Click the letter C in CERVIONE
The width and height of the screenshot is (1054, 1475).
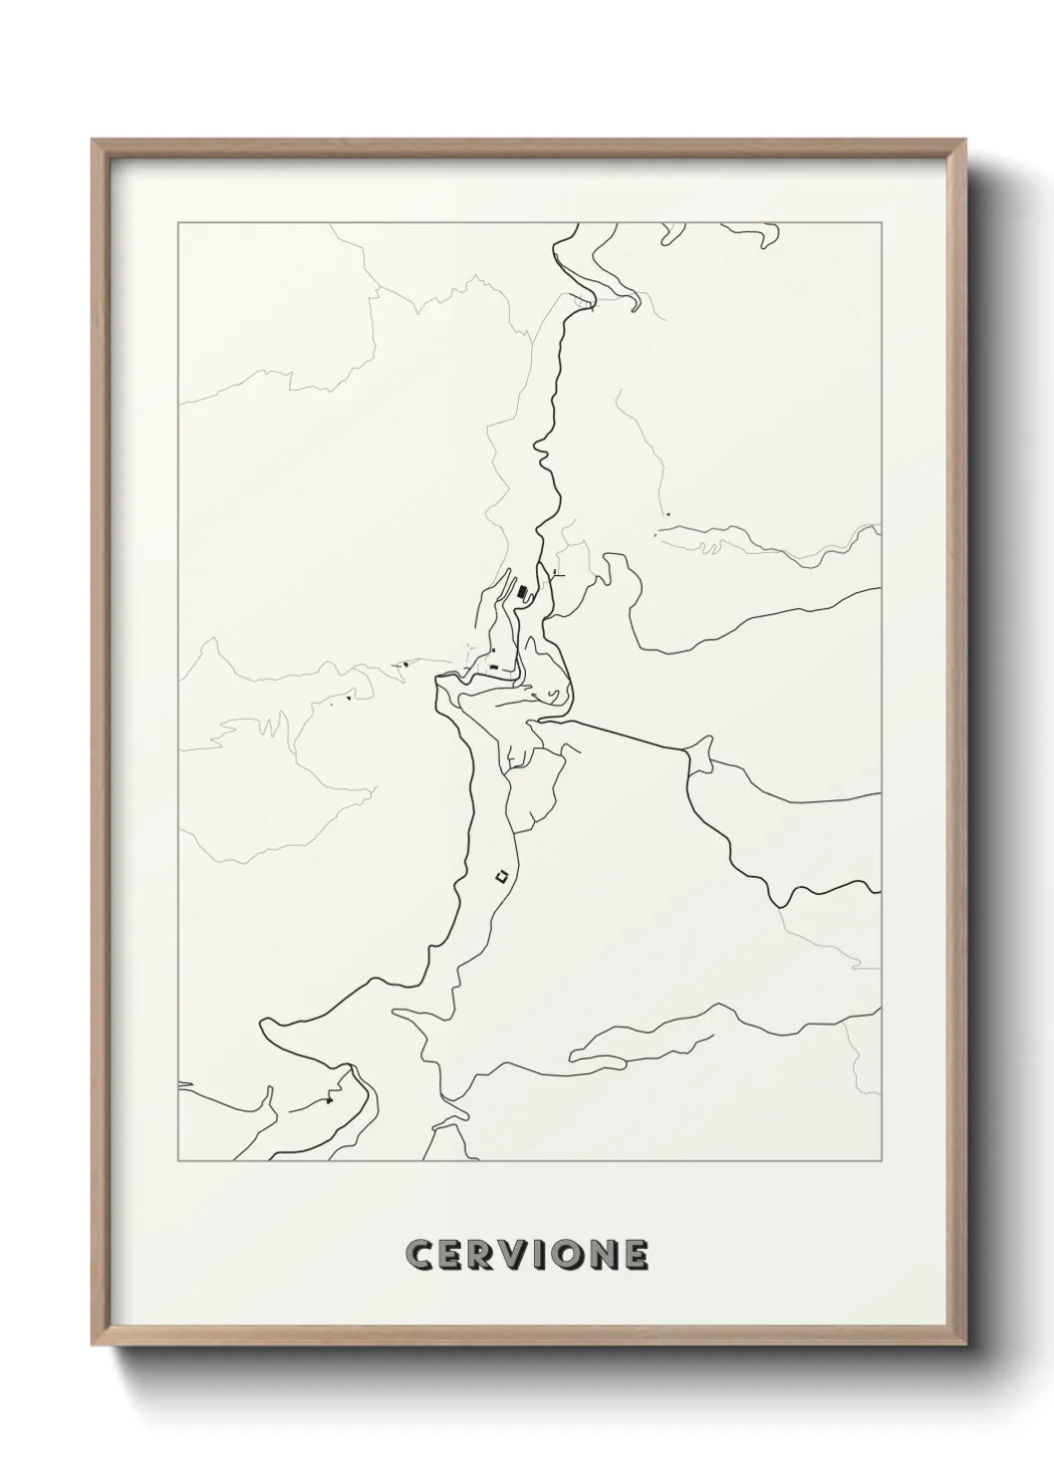(x=418, y=1255)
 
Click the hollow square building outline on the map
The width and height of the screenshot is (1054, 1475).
(x=502, y=877)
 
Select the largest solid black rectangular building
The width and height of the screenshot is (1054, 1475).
(x=522, y=593)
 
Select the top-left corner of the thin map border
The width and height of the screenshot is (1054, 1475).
(x=177, y=223)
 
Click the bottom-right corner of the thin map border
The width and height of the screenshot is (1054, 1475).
(x=881, y=1160)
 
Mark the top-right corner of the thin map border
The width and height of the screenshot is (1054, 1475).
(x=881, y=223)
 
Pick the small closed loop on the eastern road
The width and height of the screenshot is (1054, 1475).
(x=700, y=753)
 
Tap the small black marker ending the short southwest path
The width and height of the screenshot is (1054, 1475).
(x=329, y=1100)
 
